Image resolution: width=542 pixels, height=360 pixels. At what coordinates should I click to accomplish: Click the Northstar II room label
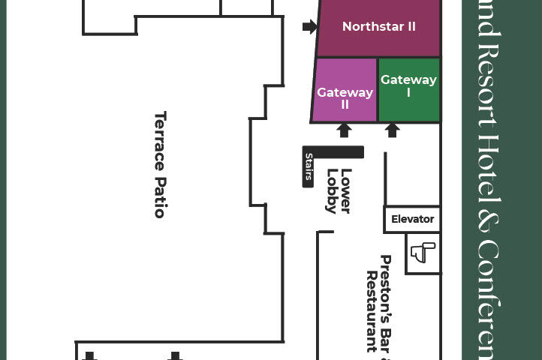point(378,27)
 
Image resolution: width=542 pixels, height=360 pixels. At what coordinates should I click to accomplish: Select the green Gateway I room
point(408,85)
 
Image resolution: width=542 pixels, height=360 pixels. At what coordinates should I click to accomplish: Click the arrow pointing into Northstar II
point(309,27)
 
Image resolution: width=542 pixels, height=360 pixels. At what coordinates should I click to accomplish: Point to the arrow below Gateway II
point(344,130)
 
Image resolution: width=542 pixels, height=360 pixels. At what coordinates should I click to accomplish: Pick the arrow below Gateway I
point(392,130)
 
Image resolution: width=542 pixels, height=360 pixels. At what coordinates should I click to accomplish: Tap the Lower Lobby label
point(339,190)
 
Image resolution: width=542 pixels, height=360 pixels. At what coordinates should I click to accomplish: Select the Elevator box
point(412,220)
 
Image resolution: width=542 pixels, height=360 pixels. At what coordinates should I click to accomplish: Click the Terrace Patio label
point(160,164)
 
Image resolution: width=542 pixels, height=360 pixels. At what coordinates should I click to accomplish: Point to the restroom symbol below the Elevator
point(423,252)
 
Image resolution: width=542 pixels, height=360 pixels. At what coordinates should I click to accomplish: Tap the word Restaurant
point(371,310)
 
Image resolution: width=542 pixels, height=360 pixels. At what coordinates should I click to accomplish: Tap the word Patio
point(160,196)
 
